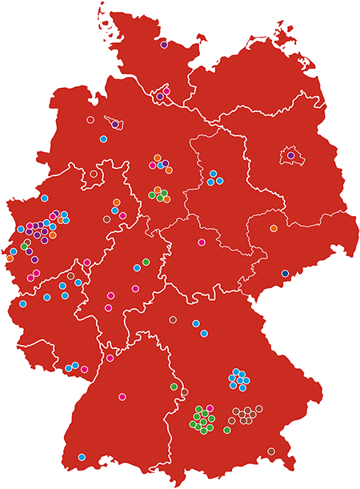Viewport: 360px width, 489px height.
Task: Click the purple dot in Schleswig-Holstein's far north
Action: [164, 45]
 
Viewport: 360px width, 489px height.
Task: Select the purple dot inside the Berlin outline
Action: [291, 155]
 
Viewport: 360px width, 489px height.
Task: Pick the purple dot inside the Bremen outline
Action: [115, 124]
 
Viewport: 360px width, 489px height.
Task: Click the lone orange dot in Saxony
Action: [274, 228]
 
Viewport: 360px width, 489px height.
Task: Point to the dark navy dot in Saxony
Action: [285, 274]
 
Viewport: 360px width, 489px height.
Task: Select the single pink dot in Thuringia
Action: [202, 242]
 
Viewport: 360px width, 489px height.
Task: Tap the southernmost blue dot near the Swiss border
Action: [82, 457]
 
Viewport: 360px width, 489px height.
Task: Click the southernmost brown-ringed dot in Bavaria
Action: [271, 451]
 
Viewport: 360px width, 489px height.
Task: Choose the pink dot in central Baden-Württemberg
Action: [122, 397]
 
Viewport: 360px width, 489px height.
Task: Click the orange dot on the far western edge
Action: [10, 258]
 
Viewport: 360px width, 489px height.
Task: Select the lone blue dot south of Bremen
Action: [103, 138]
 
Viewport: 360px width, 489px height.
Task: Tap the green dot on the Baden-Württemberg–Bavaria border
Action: [174, 387]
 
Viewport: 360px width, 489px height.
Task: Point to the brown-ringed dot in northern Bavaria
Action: [173, 320]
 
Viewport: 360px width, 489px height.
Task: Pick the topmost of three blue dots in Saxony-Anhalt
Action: [214, 173]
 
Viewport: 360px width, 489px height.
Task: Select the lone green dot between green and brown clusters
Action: [227, 430]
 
